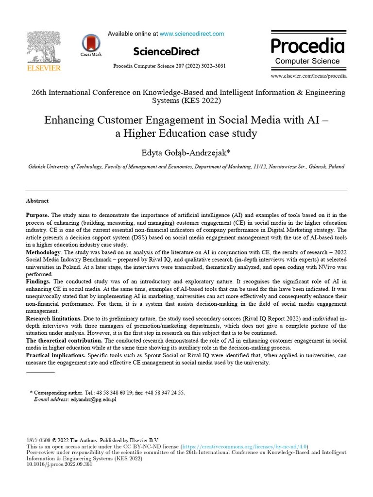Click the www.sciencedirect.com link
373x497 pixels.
click(192, 34)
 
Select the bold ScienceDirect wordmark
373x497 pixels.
click(166, 51)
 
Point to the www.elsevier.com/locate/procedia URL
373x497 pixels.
click(308, 76)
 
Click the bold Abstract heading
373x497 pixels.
click(37, 200)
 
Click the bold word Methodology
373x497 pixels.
click(43, 251)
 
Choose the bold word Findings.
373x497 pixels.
click(37, 282)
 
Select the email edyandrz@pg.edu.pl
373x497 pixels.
click(93, 399)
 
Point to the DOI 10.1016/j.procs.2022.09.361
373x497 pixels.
click(59, 464)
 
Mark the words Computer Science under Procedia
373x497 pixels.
click(307, 61)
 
